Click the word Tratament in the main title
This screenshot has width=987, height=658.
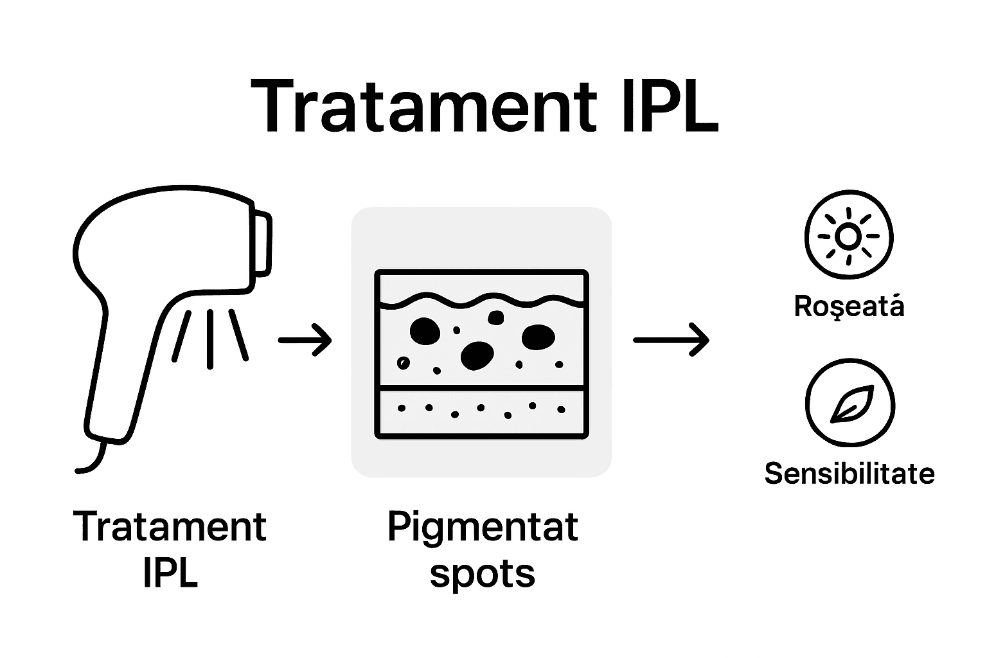pyautogui.click(x=424, y=107)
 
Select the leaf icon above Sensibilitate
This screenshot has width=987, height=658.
pyautogui.click(x=849, y=404)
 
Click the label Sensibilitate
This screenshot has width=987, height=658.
pyautogui.click(x=849, y=474)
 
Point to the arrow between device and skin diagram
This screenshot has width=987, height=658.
pyautogui.click(x=305, y=339)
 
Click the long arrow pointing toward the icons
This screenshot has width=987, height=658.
pyautogui.click(x=671, y=339)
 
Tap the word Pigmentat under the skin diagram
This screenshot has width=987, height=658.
pyautogui.click(x=483, y=528)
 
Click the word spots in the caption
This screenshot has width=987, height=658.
pyautogui.click(x=482, y=573)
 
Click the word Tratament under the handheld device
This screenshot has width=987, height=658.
pyautogui.click(x=170, y=528)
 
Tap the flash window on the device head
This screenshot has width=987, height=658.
pyautogui.click(x=263, y=244)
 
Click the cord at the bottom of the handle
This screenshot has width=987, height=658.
pyautogui.click(x=93, y=460)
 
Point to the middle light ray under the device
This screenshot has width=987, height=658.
pyautogui.click(x=210, y=338)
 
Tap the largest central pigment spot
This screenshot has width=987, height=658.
pyautogui.click(x=477, y=355)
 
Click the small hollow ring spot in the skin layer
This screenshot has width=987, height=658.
pyautogui.click(x=403, y=363)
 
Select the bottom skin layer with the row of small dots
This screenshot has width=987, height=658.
pyautogui.click(x=482, y=412)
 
